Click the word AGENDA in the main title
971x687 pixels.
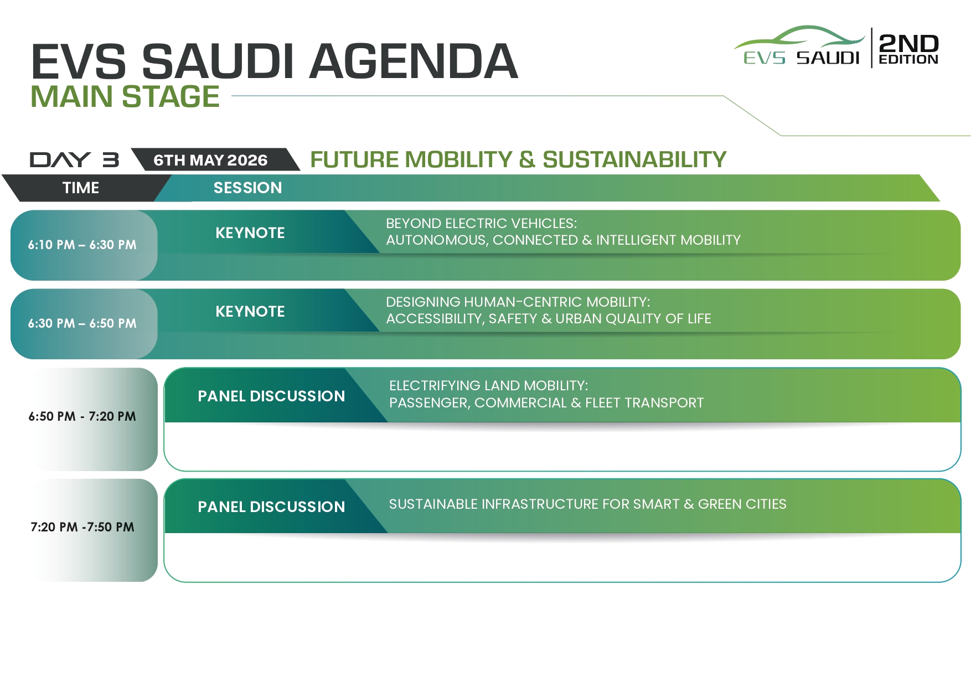(x=414, y=61)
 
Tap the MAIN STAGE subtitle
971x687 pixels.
(x=125, y=96)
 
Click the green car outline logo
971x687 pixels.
(x=799, y=38)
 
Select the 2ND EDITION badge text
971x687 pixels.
(x=908, y=49)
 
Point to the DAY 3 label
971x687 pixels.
(x=74, y=159)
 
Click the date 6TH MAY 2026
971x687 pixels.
(x=210, y=160)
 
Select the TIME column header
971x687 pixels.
(x=81, y=188)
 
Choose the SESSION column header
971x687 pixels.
(x=247, y=188)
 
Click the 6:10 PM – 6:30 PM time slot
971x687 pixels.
(x=82, y=245)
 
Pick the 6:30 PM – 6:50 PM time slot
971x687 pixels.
(x=82, y=323)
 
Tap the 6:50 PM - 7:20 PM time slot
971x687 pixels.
(x=82, y=416)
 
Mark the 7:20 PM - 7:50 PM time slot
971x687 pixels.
(x=82, y=527)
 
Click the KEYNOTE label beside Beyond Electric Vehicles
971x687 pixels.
(x=250, y=233)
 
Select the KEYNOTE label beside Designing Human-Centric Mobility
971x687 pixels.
(x=250, y=311)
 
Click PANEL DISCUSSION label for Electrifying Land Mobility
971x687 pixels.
(x=271, y=396)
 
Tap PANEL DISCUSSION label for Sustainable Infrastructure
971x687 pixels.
(x=271, y=507)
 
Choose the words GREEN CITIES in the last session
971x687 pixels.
(x=742, y=504)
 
